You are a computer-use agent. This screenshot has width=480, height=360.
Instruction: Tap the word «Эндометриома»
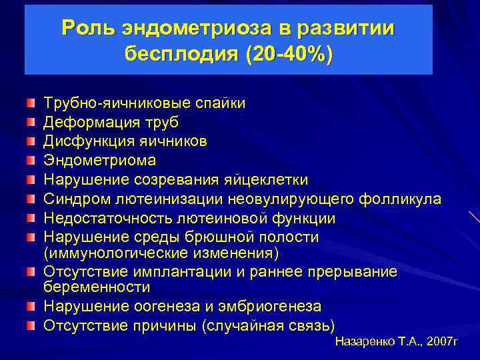click(99, 161)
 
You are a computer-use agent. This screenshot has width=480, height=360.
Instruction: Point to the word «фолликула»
click(399, 199)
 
